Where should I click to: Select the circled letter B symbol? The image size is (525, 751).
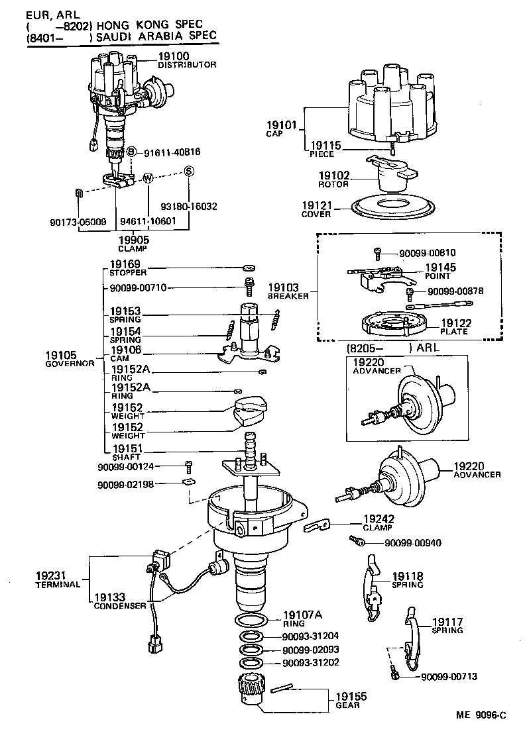(x=131, y=152)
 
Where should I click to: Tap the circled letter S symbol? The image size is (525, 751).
(x=189, y=171)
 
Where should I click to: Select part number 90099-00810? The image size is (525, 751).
(x=428, y=253)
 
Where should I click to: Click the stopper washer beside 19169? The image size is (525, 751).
(x=247, y=268)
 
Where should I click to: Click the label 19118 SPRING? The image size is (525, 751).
(x=407, y=580)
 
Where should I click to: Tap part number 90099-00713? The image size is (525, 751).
(x=449, y=676)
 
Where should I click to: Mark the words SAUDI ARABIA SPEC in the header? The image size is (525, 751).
(x=156, y=37)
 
